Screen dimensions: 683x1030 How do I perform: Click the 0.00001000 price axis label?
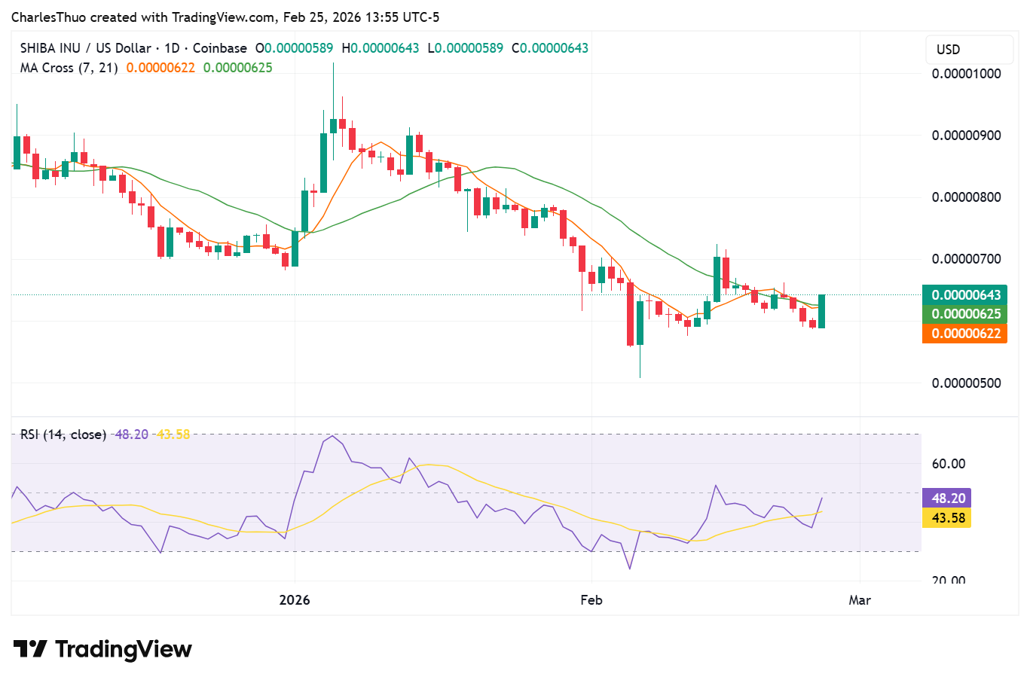(x=966, y=74)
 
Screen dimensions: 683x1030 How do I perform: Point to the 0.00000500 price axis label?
(x=966, y=383)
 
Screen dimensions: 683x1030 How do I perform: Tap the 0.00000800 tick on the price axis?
(x=966, y=197)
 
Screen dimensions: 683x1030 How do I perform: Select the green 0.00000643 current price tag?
(x=964, y=295)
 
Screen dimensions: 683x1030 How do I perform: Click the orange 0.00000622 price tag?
(x=964, y=334)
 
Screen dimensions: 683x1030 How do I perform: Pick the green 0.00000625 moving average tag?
(x=964, y=314)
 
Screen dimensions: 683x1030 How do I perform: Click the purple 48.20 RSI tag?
(x=947, y=499)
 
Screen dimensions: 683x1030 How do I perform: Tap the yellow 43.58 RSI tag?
(x=947, y=518)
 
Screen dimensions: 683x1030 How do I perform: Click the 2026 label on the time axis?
(x=294, y=600)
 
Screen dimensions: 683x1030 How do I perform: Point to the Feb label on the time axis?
(x=591, y=600)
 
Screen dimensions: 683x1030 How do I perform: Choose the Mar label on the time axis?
(x=860, y=600)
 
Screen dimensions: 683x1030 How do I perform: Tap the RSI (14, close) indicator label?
(x=63, y=434)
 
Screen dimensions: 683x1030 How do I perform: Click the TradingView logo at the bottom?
(x=103, y=649)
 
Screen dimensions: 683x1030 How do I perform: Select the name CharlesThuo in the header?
(x=48, y=17)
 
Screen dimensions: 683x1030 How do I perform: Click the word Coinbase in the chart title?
(x=219, y=48)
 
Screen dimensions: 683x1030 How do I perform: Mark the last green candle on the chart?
(x=821, y=311)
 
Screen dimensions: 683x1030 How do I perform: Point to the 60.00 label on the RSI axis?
(x=948, y=464)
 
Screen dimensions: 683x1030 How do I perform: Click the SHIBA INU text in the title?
(x=50, y=48)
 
